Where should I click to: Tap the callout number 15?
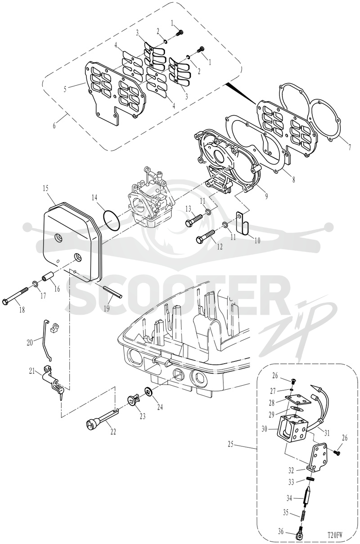[x=45, y=188]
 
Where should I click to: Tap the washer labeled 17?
[x=35, y=283]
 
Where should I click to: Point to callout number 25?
[x=231, y=445]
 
